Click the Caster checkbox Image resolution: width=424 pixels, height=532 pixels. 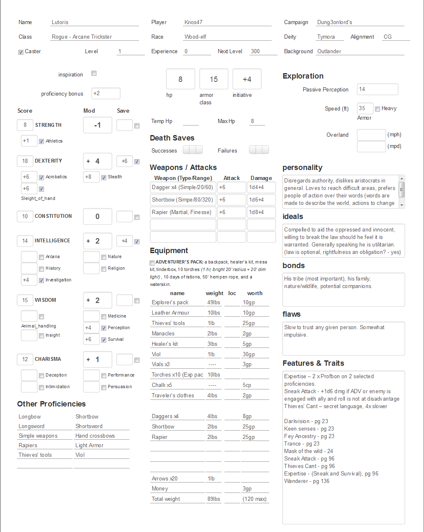21,52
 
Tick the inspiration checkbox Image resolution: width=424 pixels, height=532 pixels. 94,74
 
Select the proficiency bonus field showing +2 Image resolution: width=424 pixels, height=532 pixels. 106,94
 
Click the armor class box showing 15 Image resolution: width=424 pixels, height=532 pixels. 214,79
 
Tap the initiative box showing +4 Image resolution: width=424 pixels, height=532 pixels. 247,79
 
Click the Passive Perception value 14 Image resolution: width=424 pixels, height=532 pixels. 377,89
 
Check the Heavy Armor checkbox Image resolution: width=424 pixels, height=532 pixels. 378,109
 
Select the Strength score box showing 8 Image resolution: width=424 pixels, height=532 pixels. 25,125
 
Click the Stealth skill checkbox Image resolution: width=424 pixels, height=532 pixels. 104,177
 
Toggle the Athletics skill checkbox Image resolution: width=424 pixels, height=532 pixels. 41,141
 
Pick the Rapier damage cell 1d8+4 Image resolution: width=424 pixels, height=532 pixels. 261,212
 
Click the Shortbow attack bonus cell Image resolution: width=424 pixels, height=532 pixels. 231,199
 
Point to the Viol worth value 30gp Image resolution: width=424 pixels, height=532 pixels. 249,354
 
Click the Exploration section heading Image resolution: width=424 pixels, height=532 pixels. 303,76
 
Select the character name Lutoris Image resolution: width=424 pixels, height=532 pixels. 60,22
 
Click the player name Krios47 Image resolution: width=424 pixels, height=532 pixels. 194,22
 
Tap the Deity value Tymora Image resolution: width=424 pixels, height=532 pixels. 326,37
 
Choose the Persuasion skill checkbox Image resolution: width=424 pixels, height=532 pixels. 104,387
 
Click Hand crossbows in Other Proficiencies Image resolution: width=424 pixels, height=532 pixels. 95,436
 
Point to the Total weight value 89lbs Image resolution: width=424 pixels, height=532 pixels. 214,499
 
